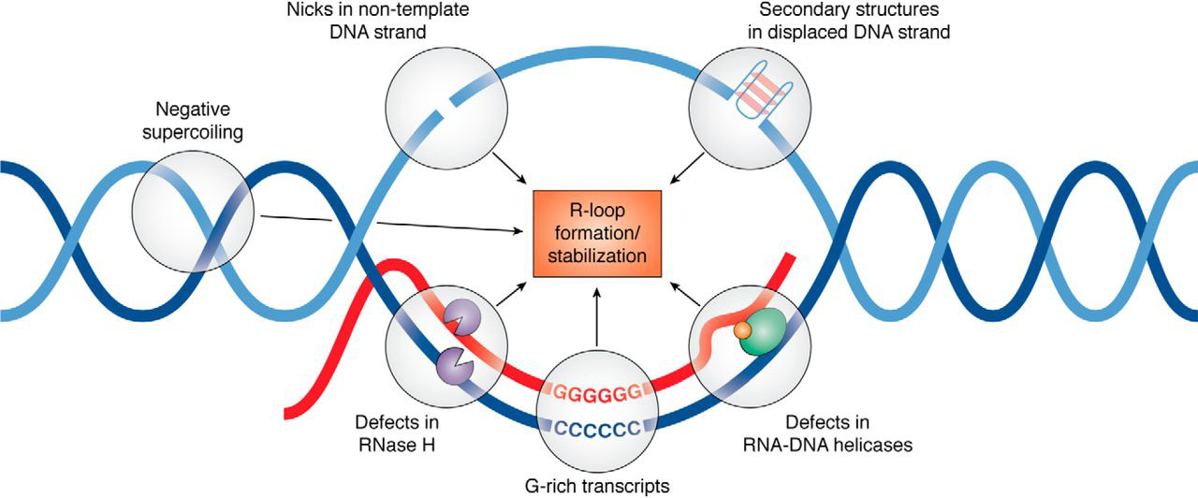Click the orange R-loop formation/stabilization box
pyautogui.click(x=597, y=233)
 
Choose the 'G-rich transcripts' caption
pyautogui.click(x=597, y=484)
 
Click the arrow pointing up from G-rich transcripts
pyautogui.click(x=596, y=318)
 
